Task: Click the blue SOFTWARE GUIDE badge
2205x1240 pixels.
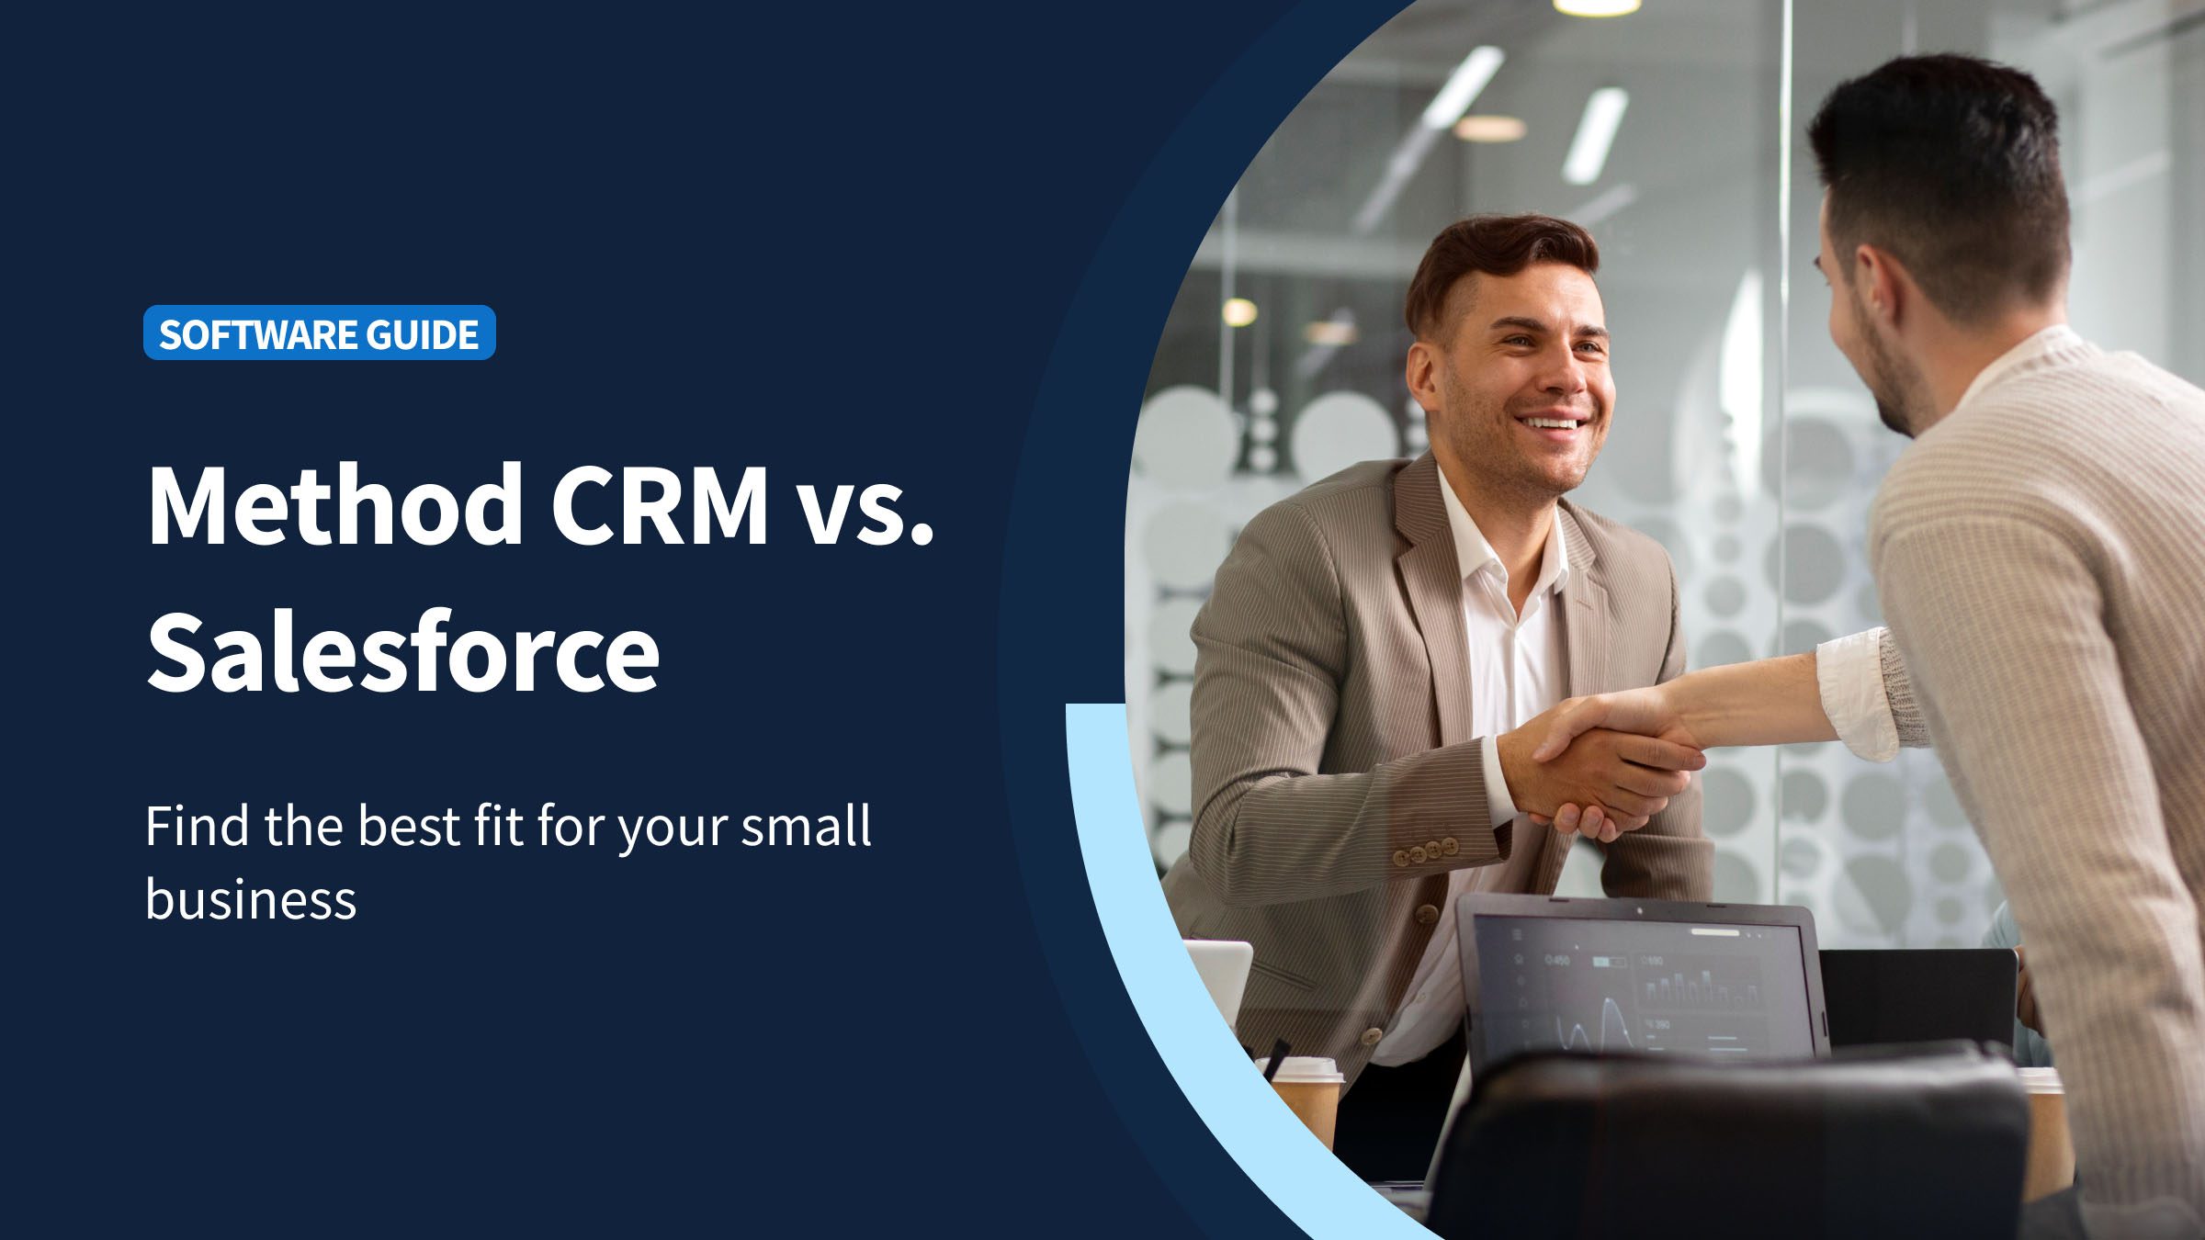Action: (x=320, y=333)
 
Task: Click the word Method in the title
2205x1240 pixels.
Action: (x=335, y=505)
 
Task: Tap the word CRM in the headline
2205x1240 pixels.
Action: (x=659, y=505)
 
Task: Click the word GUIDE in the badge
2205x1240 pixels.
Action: (x=423, y=333)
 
